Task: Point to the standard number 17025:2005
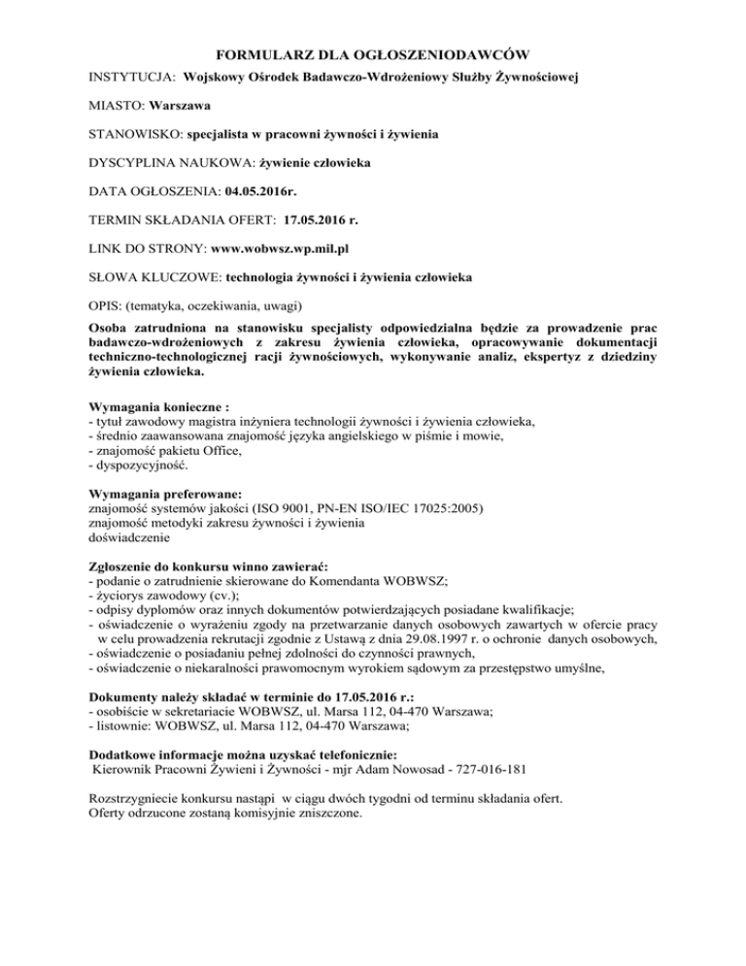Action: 435,508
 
